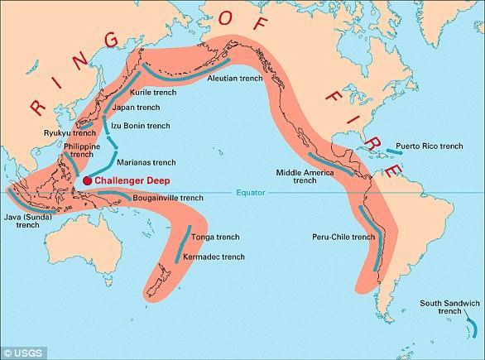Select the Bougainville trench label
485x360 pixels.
[x=168, y=199]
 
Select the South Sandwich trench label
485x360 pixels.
[x=443, y=310]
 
